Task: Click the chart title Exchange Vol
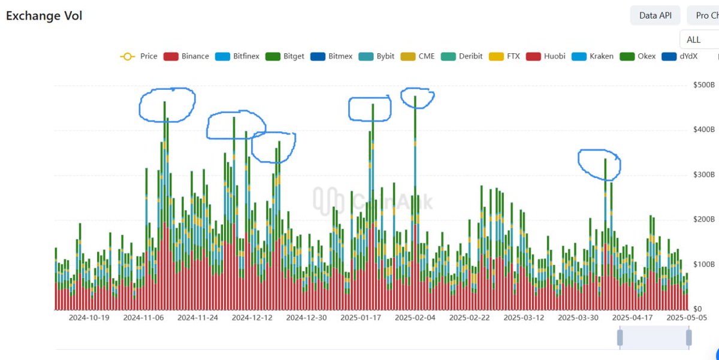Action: [x=44, y=16]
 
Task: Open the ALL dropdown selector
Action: [x=699, y=40]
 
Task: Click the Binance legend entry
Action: [x=188, y=56]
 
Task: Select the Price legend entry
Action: [x=140, y=56]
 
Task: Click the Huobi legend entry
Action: [x=546, y=56]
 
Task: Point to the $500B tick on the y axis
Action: [x=703, y=85]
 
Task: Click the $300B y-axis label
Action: [x=703, y=175]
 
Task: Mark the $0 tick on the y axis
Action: [x=698, y=309]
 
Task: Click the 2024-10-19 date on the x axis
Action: [x=89, y=317]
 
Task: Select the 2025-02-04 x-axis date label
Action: [x=415, y=317]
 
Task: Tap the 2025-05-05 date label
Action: [x=687, y=317]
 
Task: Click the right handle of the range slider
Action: [x=689, y=338]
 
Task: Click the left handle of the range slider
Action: [x=620, y=338]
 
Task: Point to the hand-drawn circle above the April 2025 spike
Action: [x=599, y=164]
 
